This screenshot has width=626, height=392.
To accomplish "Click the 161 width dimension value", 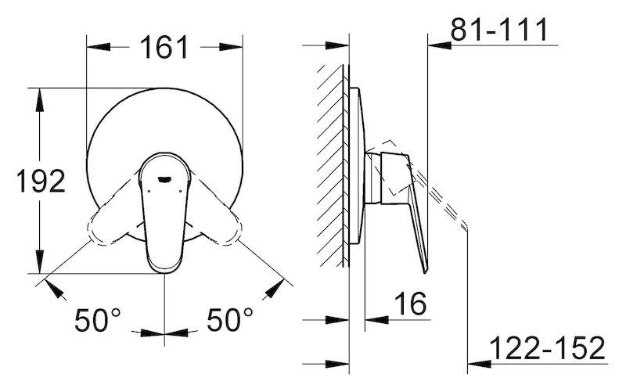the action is (x=164, y=48).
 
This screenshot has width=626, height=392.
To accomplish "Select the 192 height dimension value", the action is (x=41, y=181).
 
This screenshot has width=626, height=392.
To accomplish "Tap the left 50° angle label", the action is (x=97, y=320).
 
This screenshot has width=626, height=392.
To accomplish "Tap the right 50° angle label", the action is (x=229, y=320).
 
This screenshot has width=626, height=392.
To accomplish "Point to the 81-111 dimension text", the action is (x=499, y=29).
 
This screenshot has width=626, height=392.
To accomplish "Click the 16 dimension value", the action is (x=410, y=304).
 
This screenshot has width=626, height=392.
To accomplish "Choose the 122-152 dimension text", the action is (x=547, y=348).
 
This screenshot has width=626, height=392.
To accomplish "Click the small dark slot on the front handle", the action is (x=164, y=179).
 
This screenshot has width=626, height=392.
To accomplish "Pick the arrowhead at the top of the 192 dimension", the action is (x=39, y=99).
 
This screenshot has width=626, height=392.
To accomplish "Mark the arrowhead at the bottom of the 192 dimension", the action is (x=39, y=262).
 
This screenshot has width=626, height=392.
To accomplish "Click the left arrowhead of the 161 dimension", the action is (x=99, y=47).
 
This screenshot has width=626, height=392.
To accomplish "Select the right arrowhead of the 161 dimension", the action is (x=231, y=47).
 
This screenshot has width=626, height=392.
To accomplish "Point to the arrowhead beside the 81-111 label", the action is (x=440, y=45).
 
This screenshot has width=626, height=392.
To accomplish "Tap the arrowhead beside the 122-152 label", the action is (x=479, y=364).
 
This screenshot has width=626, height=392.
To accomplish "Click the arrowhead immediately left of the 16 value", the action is (x=376, y=319).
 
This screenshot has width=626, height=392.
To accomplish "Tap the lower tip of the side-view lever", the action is (x=426, y=272).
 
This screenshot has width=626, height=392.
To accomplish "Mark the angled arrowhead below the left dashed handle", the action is (x=56, y=290).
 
